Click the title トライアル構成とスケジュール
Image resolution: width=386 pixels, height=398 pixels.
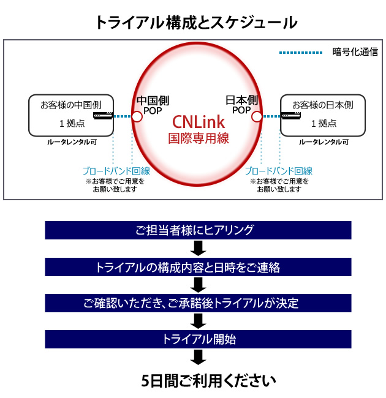click(x=196, y=23)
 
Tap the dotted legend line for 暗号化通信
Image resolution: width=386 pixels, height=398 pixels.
click(x=301, y=53)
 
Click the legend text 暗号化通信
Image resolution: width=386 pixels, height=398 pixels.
click(x=355, y=52)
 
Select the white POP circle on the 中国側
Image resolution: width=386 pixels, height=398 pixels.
click(x=137, y=117)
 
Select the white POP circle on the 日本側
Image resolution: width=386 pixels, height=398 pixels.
click(x=257, y=117)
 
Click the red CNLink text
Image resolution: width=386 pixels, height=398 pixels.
click(x=199, y=122)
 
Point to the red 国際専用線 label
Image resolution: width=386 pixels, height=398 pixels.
click(x=199, y=138)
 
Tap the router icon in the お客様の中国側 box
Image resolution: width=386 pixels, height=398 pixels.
click(x=103, y=116)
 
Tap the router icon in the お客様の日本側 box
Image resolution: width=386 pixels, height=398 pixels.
click(x=291, y=116)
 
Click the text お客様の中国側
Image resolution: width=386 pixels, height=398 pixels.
click(x=71, y=105)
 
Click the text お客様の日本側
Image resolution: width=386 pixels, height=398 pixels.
click(x=323, y=105)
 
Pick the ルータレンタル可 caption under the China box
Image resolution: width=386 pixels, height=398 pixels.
click(x=72, y=142)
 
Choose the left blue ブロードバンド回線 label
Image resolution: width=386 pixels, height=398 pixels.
click(x=116, y=171)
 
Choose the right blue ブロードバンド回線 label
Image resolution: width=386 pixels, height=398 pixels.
click(x=279, y=171)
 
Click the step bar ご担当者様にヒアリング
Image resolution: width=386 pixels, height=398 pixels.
click(x=198, y=230)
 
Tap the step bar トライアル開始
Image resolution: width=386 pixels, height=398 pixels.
click(x=198, y=339)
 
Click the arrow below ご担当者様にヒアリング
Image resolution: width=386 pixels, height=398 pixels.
click(x=199, y=248)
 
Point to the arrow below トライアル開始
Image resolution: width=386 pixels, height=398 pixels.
click(x=199, y=357)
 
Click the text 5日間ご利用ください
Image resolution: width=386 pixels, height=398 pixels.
click(x=208, y=381)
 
